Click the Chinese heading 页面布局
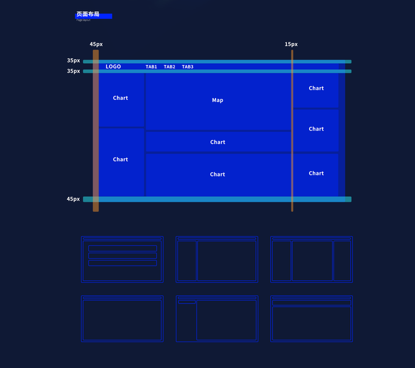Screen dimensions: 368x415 tap(88, 14)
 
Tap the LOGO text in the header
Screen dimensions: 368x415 tap(113, 66)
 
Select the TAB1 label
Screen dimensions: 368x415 tap(151, 67)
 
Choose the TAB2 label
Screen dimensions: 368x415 tap(170, 67)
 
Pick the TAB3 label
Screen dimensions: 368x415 tap(188, 67)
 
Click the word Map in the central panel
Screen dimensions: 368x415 tap(217, 100)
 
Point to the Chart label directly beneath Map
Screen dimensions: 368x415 tap(217, 142)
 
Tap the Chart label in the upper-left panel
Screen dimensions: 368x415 tap(121, 98)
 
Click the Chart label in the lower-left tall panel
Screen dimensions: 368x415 tap(121, 159)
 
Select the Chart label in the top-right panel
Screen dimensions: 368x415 tap(316, 88)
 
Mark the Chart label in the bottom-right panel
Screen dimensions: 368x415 tap(316, 174)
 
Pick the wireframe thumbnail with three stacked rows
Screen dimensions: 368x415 tap(122, 259)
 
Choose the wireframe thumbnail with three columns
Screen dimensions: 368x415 tap(312, 259)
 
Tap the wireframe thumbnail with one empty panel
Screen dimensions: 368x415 tap(122, 319)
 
